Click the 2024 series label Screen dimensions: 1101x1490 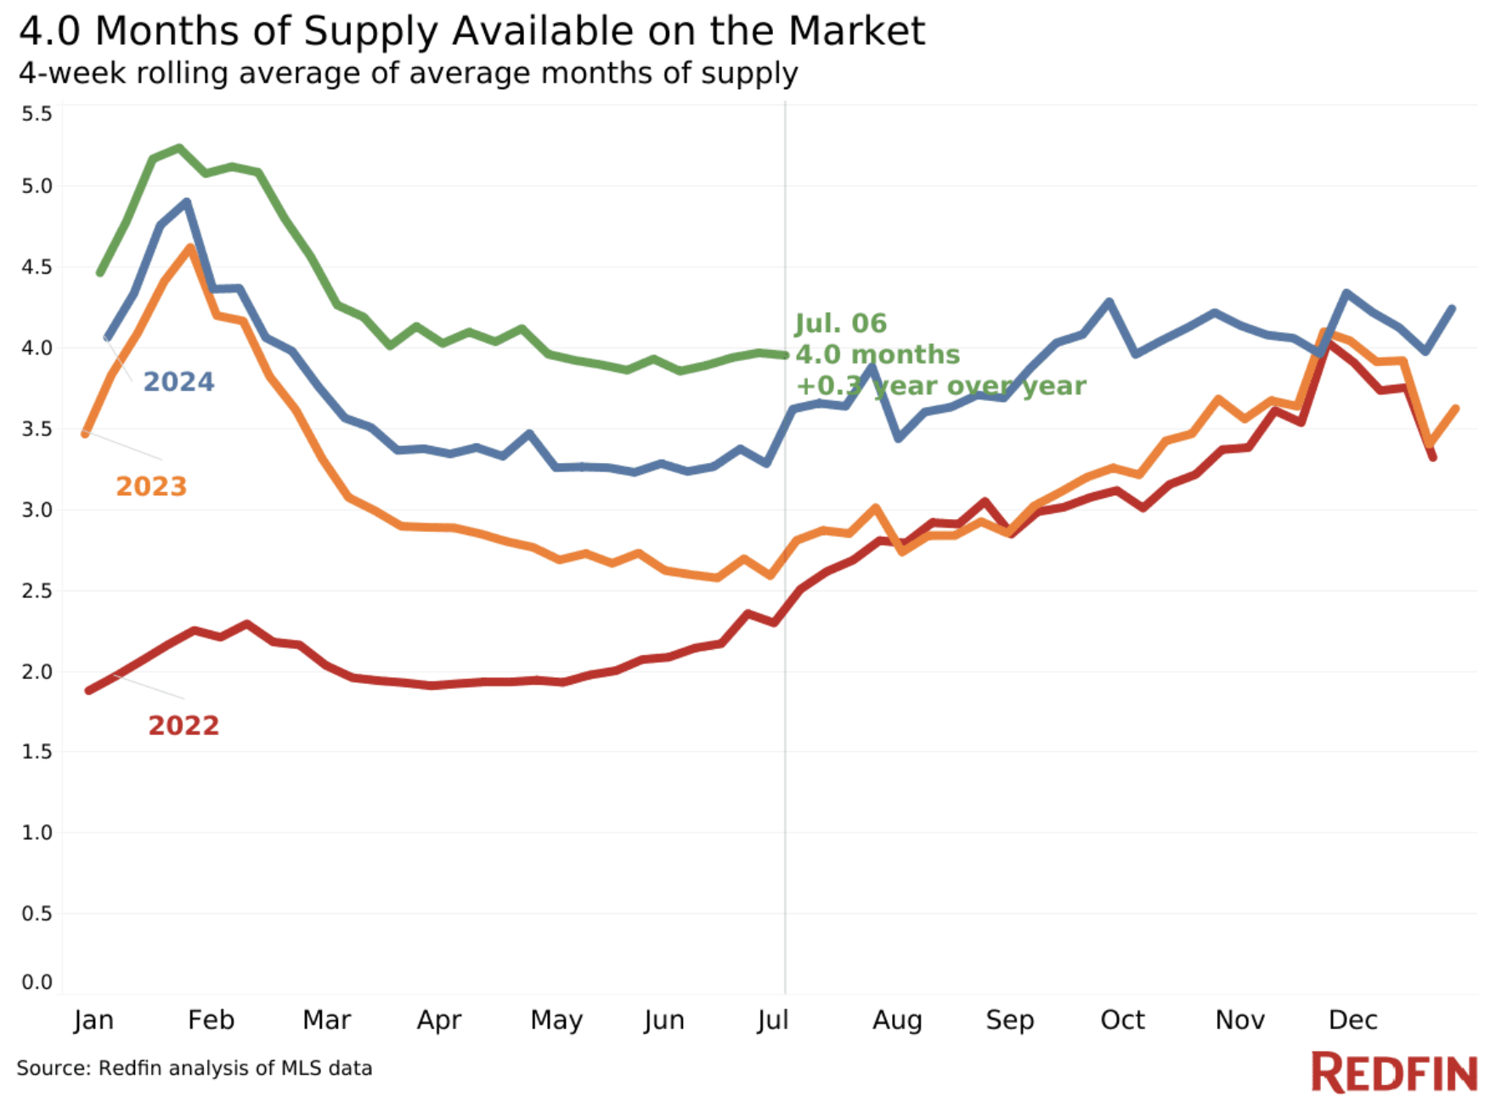[178, 382]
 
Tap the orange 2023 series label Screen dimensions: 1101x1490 [151, 487]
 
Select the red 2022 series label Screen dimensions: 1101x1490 [183, 726]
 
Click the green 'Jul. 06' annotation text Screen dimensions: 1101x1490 [840, 324]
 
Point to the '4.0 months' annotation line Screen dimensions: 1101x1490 [878, 354]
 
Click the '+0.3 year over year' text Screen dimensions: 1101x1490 [940, 386]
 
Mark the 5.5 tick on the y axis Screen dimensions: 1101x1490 [37, 114]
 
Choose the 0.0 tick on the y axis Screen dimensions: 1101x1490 [37, 982]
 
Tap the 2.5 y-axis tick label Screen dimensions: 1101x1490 [37, 590]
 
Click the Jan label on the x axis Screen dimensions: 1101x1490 [93, 1019]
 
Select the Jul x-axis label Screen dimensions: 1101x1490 [773, 1019]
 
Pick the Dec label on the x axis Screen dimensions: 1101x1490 [1352, 1019]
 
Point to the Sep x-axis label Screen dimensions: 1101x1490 [1009, 1019]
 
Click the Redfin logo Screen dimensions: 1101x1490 [1394, 1072]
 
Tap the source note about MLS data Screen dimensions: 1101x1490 [195, 1068]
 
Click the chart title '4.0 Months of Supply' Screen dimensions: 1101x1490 [471, 31]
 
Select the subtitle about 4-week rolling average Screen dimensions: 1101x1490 [408, 73]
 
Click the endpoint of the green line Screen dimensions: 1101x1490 [785, 355]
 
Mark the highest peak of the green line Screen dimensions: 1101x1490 [179, 148]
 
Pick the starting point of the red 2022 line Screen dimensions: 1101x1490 [89, 691]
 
